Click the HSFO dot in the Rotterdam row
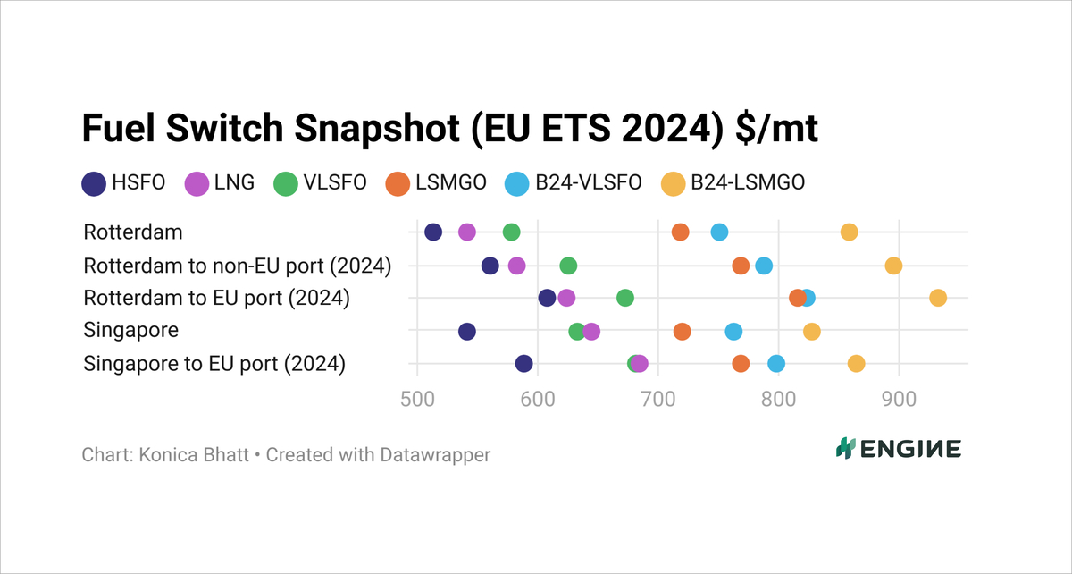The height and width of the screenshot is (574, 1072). click(433, 232)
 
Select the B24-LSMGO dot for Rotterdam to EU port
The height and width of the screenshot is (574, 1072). click(937, 298)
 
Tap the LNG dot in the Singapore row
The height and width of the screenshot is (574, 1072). click(591, 332)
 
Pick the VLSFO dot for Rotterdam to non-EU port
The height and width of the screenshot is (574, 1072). click(568, 266)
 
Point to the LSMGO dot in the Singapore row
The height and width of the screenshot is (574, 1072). click(683, 332)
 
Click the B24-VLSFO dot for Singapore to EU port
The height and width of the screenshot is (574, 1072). click(776, 364)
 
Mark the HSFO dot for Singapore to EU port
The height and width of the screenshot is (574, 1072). click(524, 364)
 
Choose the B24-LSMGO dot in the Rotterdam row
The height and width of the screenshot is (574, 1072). click(850, 232)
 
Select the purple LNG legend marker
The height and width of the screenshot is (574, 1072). click(197, 184)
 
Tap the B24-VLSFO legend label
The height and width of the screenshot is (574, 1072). click(588, 184)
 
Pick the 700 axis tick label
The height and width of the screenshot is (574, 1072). click(658, 398)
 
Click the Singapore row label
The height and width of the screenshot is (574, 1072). click(130, 330)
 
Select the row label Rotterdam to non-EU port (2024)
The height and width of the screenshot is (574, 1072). click(238, 266)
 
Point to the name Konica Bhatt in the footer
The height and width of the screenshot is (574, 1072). click(188, 455)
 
